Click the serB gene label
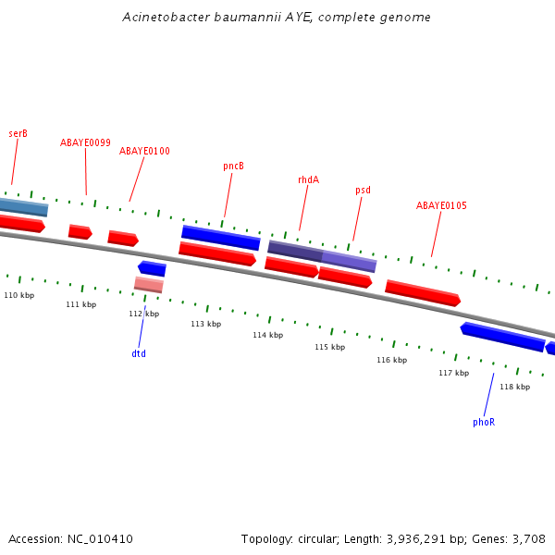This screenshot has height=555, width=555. pos(18,133)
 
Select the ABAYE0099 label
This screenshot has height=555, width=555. pos(85,142)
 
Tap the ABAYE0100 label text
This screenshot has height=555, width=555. pos(144,151)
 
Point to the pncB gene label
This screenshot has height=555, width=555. pos(233,166)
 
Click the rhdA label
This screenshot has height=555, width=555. pos(308,179)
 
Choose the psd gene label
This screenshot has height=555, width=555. pos(363,191)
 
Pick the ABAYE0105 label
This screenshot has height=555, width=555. pos(441,205)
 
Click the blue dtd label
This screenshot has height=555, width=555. pos(139,353)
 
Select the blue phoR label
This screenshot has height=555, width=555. pos(484,422)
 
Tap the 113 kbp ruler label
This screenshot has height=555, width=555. pos(205,325)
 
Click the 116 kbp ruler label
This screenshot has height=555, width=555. pos(391,360)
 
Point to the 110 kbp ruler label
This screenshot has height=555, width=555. pos(18,295)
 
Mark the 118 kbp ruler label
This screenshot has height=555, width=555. pos(514,387)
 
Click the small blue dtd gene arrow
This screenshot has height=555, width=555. pos(152,268)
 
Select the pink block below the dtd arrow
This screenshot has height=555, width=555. pos(149,284)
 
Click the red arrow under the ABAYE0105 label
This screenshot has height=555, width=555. pos(422,292)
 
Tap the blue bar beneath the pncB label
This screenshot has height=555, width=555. pos(220,237)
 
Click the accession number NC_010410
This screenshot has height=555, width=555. pos(100,538)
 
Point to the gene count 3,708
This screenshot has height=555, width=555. pos(526,538)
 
